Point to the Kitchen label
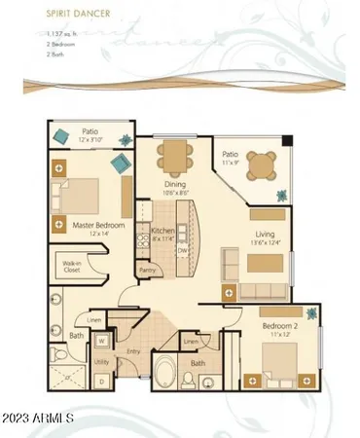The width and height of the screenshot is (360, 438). pos(162,232)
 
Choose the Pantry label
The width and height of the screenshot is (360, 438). pos(148,271)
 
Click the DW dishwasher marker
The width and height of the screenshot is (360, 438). pos(181,249)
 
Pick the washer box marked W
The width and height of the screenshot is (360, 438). pos(102,341)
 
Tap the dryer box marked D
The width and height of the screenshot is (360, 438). pos(102,382)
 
